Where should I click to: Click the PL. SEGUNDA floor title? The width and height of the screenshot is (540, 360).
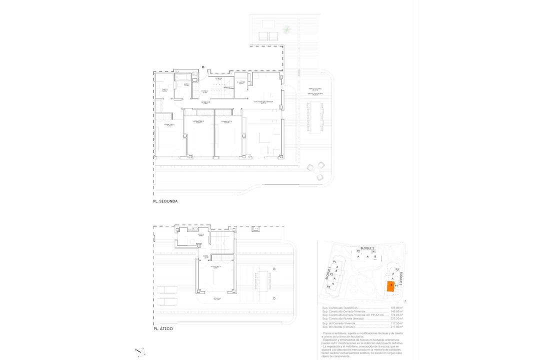pyautogui.click(x=165, y=201)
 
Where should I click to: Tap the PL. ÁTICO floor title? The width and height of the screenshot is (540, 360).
pyautogui.click(x=163, y=329)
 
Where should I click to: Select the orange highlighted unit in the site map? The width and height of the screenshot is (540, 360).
pyautogui.click(x=390, y=286)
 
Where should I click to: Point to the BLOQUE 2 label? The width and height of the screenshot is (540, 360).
pyautogui.click(x=366, y=248)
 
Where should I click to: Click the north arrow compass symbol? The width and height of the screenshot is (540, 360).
pyautogui.click(x=140, y=352)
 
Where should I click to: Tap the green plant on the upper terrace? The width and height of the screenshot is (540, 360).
pyautogui.click(x=286, y=30)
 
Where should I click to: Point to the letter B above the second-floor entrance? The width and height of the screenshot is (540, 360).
pyautogui.click(x=203, y=67)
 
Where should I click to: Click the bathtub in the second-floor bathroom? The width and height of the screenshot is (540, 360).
pyautogui.click(x=183, y=77)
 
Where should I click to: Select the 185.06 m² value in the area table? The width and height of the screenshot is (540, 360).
pyautogui.click(x=396, y=307)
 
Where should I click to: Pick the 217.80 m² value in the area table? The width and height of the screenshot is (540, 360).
pyautogui.click(x=396, y=326)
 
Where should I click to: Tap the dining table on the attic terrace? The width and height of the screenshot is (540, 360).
pyautogui.click(x=263, y=281)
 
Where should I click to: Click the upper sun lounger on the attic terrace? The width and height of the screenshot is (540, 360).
pyautogui.click(x=167, y=289)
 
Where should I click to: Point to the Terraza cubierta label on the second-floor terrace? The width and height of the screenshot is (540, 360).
pyautogui.click(x=315, y=89)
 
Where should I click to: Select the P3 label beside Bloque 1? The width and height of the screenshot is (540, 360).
pyautogui.click(x=329, y=287)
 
